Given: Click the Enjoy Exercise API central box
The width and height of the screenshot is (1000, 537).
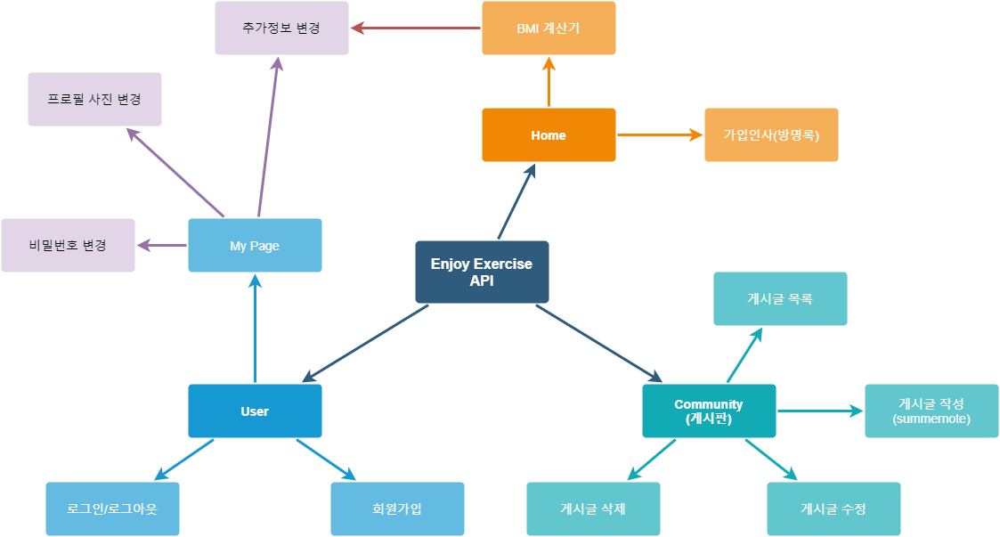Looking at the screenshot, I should coord(482,272).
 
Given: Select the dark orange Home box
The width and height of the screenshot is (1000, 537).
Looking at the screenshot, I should coord(549,135).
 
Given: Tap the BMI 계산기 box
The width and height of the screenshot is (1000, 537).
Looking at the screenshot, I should coord(549,28).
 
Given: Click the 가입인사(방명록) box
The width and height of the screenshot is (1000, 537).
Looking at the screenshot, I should coord(771,135).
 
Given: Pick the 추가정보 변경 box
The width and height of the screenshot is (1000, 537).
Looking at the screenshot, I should coord(281,28).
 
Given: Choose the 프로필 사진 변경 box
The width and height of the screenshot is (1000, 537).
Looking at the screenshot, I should coord(94,100).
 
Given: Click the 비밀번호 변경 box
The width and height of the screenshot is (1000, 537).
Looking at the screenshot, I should coord(68,245).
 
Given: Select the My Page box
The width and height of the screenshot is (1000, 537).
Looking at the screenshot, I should coord(255,245).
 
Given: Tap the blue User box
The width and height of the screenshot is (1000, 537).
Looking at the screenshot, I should coord(255,411).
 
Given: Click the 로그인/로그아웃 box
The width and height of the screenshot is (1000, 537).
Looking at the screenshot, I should coord(112,509).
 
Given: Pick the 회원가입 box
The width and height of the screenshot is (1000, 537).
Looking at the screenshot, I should coord(397,509).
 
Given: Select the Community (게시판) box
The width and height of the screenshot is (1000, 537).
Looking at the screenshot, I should coord(709,411).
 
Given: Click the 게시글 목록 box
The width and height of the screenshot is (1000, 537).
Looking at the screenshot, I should coord(780,299).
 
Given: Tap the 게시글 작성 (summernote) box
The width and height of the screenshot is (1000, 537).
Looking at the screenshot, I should coord(931,411).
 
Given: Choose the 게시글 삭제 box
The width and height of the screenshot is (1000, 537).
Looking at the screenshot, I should coord(593,509).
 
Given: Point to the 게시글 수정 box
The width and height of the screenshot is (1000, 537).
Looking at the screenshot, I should coord(833,509).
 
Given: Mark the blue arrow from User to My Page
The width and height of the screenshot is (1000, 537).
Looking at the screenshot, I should coord(255,330).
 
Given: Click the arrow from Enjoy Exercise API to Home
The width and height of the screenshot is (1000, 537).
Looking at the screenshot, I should coord(516,202).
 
